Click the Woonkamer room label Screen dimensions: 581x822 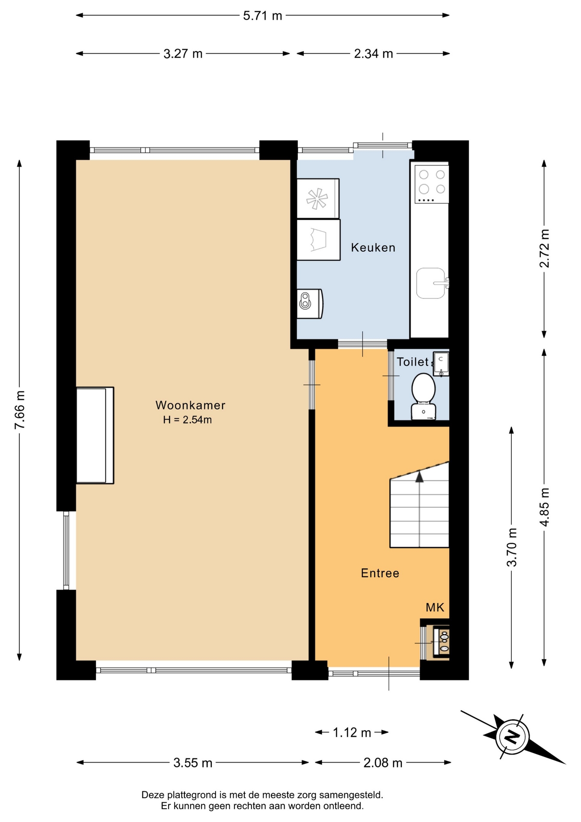pyautogui.click(x=190, y=405)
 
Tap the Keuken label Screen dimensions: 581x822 pyautogui.click(x=373, y=247)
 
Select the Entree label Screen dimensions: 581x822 pyautogui.click(x=380, y=573)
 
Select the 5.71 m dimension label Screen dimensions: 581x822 pyautogui.click(x=263, y=16)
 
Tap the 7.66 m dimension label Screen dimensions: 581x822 pyautogui.click(x=20, y=410)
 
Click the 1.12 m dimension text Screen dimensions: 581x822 pyautogui.click(x=352, y=733)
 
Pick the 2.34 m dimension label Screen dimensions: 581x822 pyautogui.click(x=373, y=54)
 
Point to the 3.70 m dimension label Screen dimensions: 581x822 pyautogui.click(x=512, y=547)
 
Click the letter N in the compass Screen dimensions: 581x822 pyautogui.click(x=512, y=737)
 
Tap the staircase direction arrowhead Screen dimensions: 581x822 pyautogui.click(x=419, y=476)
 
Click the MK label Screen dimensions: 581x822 pyautogui.click(x=435, y=607)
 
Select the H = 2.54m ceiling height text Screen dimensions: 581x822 pyautogui.click(x=187, y=420)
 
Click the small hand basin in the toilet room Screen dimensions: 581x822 pyautogui.click(x=441, y=364)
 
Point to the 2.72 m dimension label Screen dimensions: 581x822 pyautogui.click(x=544, y=248)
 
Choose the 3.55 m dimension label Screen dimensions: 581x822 pyautogui.click(x=193, y=762)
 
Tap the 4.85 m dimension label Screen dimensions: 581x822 pyautogui.click(x=544, y=507)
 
